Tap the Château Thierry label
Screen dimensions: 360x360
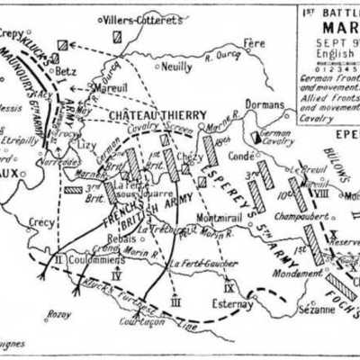tap(158, 114)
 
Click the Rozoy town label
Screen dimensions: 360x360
tap(58, 314)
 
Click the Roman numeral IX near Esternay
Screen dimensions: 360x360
tap(229, 288)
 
